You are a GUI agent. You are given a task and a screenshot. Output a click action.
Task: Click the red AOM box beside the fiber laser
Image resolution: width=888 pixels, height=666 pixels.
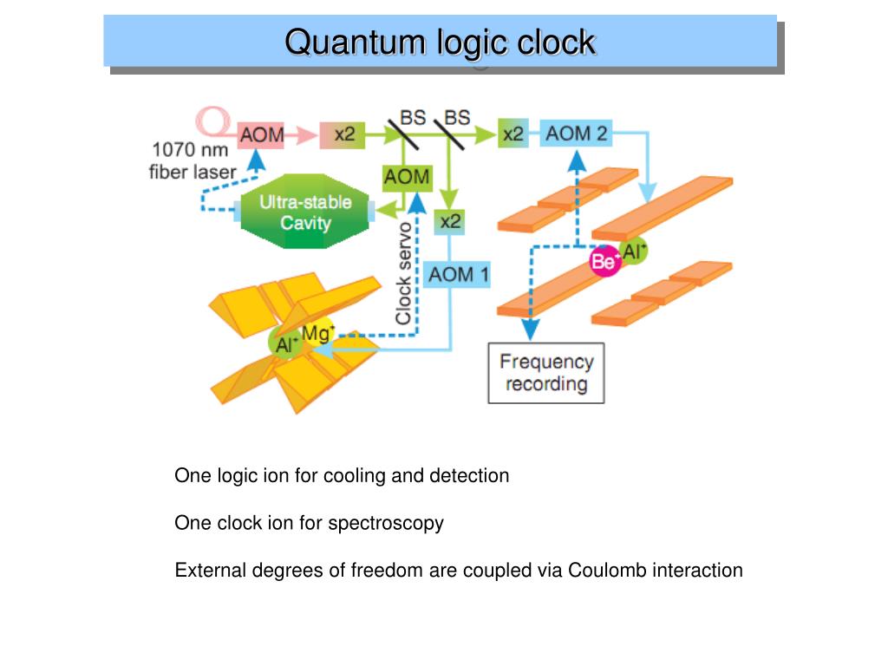(x=262, y=134)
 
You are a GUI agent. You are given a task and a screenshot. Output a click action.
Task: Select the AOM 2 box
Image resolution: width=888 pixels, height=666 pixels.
(x=577, y=134)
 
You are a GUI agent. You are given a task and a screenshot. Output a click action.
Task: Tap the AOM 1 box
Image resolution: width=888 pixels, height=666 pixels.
(x=459, y=276)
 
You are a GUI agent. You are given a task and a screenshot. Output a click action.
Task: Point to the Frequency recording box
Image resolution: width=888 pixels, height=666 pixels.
(x=545, y=373)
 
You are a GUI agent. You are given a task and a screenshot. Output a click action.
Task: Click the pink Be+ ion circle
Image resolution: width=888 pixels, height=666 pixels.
(x=605, y=260)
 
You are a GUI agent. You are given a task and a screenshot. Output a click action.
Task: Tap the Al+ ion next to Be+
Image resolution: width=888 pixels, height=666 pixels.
(x=634, y=251)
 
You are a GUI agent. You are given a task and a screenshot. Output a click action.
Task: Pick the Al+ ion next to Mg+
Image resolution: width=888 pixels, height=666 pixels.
(x=285, y=344)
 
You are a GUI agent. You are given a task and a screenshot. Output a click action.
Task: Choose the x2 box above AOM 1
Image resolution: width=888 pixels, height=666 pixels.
(x=450, y=221)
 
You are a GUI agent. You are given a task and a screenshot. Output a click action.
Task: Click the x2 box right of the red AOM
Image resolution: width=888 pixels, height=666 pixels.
(x=344, y=134)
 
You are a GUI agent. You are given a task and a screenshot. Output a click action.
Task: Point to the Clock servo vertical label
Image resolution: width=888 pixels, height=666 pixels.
(x=403, y=273)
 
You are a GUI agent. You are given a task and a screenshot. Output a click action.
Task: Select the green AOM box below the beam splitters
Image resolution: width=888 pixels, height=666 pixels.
(x=407, y=177)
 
